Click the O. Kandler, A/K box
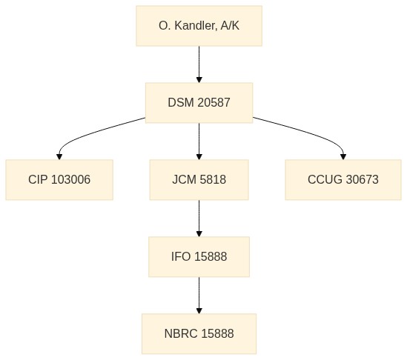[199, 26]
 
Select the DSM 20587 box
[199, 103]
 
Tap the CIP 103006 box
[59, 180]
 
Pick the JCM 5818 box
[199, 180]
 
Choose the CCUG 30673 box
[343, 180]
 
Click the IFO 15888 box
[199, 257]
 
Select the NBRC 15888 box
[199, 334]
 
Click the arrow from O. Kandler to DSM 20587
[199, 64]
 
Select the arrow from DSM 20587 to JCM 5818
[199, 141]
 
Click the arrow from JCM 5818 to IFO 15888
[199, 219]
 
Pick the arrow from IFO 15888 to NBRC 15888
[199, 296]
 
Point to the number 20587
[214, 102]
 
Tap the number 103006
[70, 179]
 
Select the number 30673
[363, 179]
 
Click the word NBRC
[181, 333]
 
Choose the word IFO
[181, 256]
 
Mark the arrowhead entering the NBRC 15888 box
[199, 310]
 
